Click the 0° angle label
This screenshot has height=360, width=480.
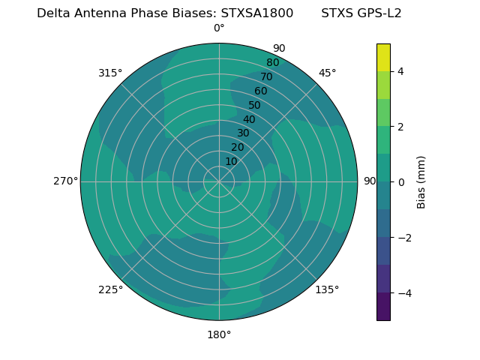[x=219, y=28]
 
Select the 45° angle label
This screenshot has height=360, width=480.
[x=327, y=73]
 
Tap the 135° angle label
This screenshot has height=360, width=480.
[x=327, y=289]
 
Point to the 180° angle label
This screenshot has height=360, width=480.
[x=219, y=334]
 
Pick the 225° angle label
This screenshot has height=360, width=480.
[x=110, y=289]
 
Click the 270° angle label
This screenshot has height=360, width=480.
[x=65, y=181]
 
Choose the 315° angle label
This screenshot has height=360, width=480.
[x=110, y=73]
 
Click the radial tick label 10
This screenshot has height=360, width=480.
[x=231, y=161]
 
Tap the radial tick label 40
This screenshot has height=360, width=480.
[x=249, y=119]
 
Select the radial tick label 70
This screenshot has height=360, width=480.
[x=266, y=76]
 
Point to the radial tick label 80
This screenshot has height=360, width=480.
[x=272, y=62]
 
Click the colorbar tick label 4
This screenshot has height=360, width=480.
[x=400, y=71]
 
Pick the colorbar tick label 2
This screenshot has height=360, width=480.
[x=400, y=127]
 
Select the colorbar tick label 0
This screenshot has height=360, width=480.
[x=400, y=182]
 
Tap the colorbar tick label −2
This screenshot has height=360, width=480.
[x=403, y=238]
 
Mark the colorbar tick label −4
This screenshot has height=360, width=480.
[x=403, y=293]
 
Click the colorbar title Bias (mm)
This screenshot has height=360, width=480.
[x=421, y=182]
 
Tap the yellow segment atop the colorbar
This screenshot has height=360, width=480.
[x=383, y=57]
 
